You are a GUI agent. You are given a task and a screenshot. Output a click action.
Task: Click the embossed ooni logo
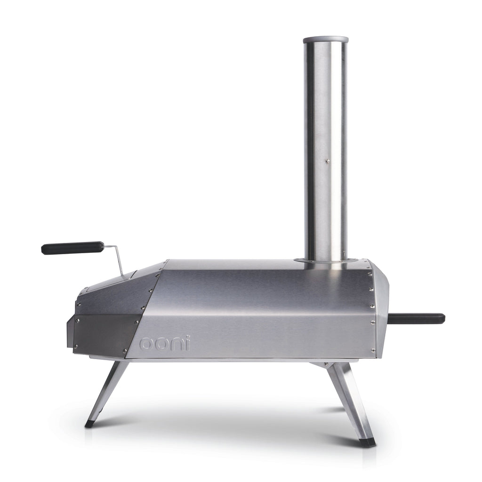[x=165, y=343]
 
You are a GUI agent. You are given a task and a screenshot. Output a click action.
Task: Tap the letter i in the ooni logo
[x=188, y=343]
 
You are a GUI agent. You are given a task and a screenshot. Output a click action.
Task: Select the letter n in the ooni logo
[x=177, y=344]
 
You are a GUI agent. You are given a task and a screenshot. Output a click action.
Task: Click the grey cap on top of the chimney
[x=325, y=40]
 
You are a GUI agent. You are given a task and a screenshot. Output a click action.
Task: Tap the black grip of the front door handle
[x=72, y=248]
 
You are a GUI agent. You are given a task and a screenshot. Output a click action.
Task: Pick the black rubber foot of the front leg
[x=89, y=424]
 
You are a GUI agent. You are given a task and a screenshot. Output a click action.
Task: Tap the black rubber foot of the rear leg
[x=367, y=442]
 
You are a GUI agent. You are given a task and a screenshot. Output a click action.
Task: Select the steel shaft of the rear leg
[x=347, y=400]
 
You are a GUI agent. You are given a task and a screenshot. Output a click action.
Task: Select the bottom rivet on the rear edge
[x=373, y=350]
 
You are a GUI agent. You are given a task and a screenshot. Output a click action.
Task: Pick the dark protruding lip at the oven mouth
[x=70, y=332]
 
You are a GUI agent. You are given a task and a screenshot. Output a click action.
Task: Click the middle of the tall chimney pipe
[x=325, y=151]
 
